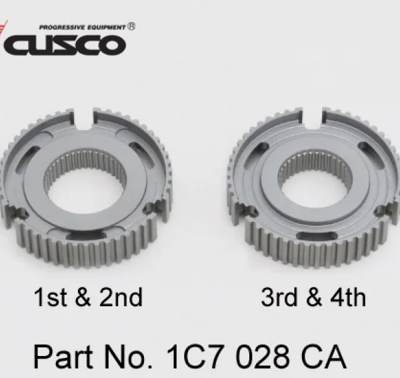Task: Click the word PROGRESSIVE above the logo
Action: point(59,28)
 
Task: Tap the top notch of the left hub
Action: point(87,117)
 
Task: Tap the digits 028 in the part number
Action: point(259,357)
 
